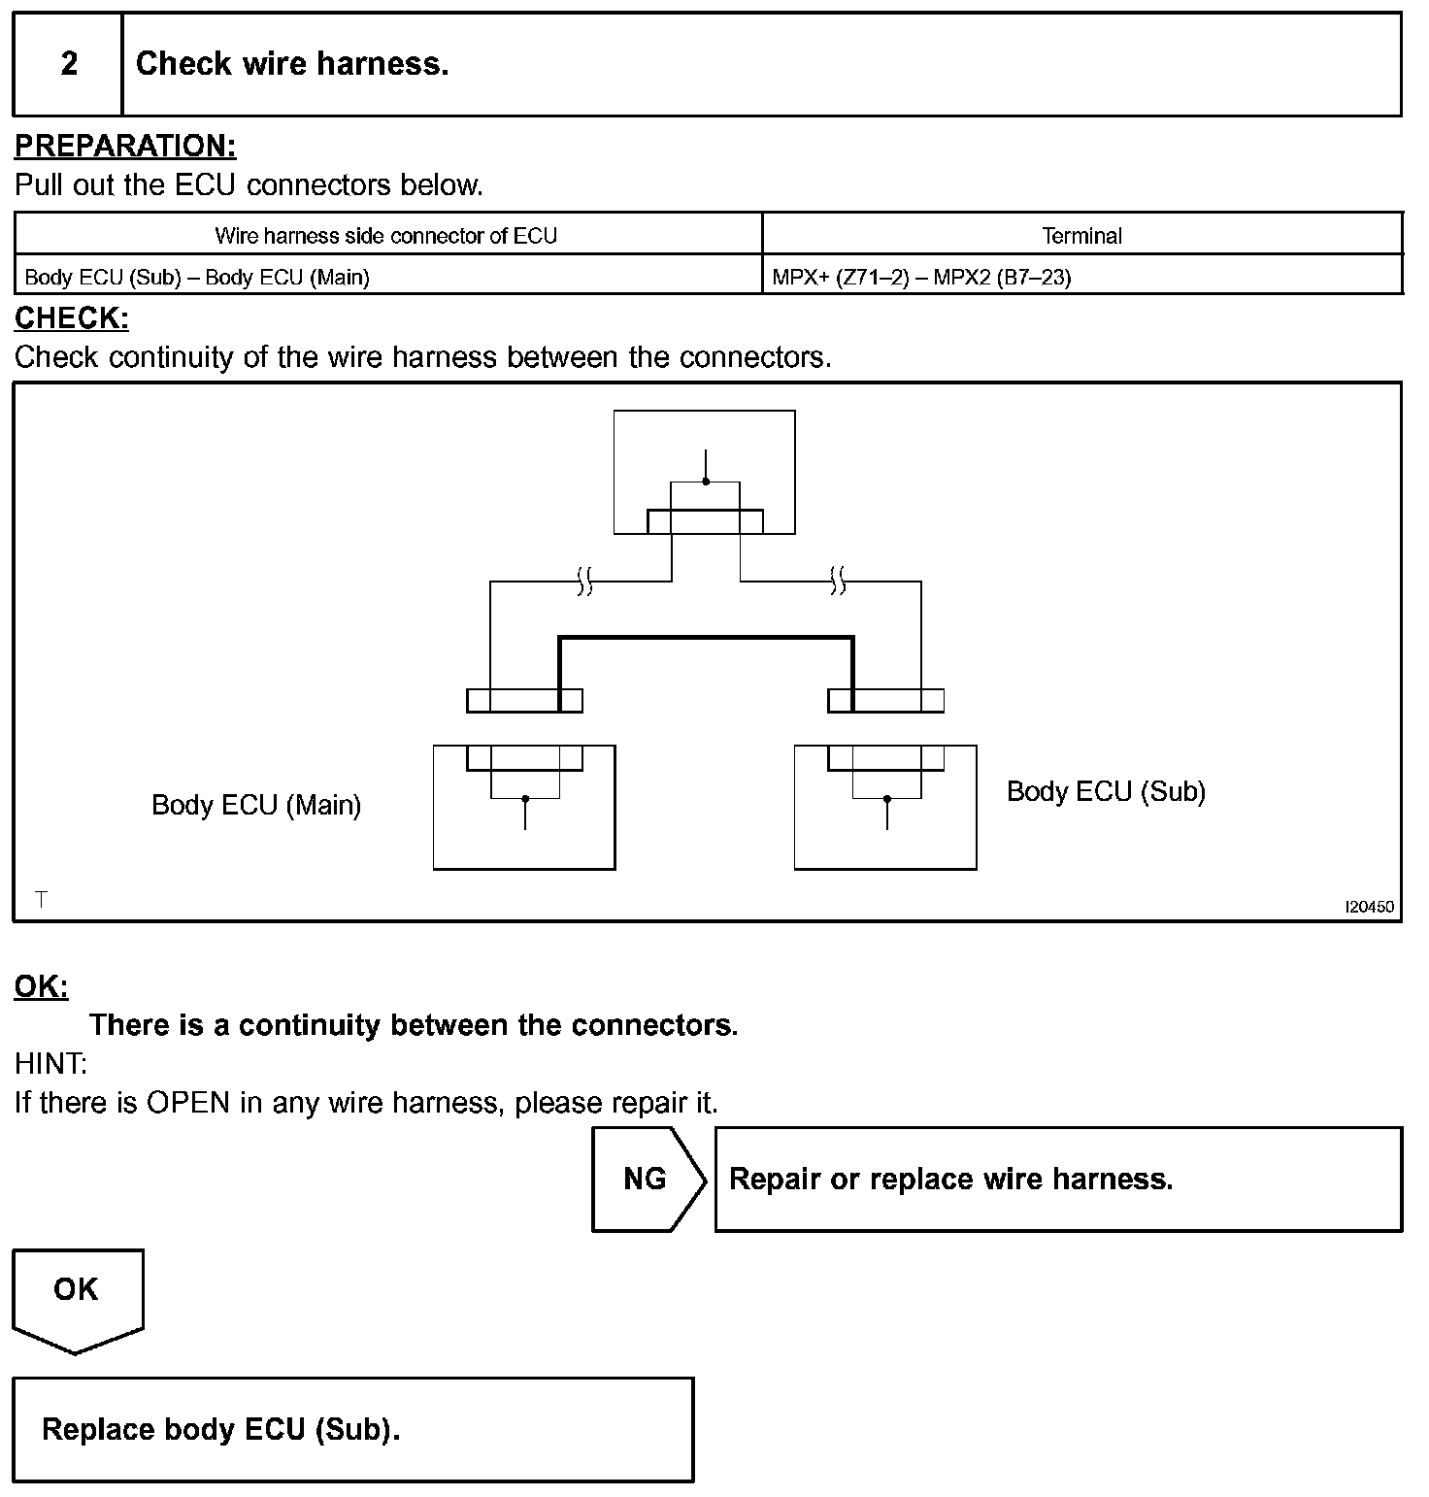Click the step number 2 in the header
click(x=69, y=64)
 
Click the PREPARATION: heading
click(x=125, y=146)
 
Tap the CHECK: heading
click(x=72, y=317)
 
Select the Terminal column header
click(x=1081, y=235)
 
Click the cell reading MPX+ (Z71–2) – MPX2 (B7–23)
click(x=921, y=278)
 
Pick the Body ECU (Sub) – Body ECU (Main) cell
click(x=197, y=278)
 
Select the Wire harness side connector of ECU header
click(x=386, y=235)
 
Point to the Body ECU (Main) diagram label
click(x=256, y=805)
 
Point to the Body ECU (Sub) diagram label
click(x=1106, y=791)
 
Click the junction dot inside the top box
click(x=706, y=482)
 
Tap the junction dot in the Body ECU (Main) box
click(x=525, y=799)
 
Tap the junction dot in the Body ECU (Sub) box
click(x=886, y=799)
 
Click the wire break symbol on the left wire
click(x=584, y=582)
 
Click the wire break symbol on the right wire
click(x=839, y=582)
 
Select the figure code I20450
click(x=1369, y=907)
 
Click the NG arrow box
click(x=647, y=1179)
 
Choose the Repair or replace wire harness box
click(x=1058, y=1179)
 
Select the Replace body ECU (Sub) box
click(x=353, y=1429)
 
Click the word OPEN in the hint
click(x=188, y=1103)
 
